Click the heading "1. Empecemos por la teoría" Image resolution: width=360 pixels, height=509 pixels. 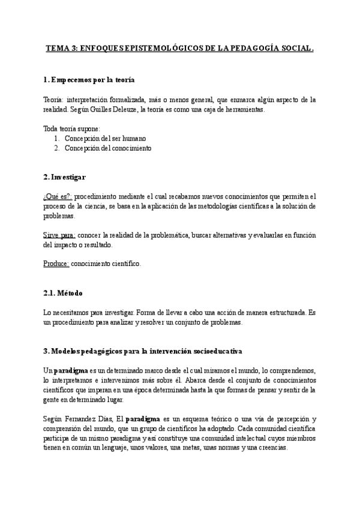89,80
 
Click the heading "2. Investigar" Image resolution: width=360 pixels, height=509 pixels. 65,177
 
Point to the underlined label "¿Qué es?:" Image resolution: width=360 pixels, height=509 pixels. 58,196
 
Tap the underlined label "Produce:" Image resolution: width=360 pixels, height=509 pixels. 56,264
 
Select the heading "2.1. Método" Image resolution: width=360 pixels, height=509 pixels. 63,293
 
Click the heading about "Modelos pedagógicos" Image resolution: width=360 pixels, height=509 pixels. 143,351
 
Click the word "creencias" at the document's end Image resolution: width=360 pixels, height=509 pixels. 271,448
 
